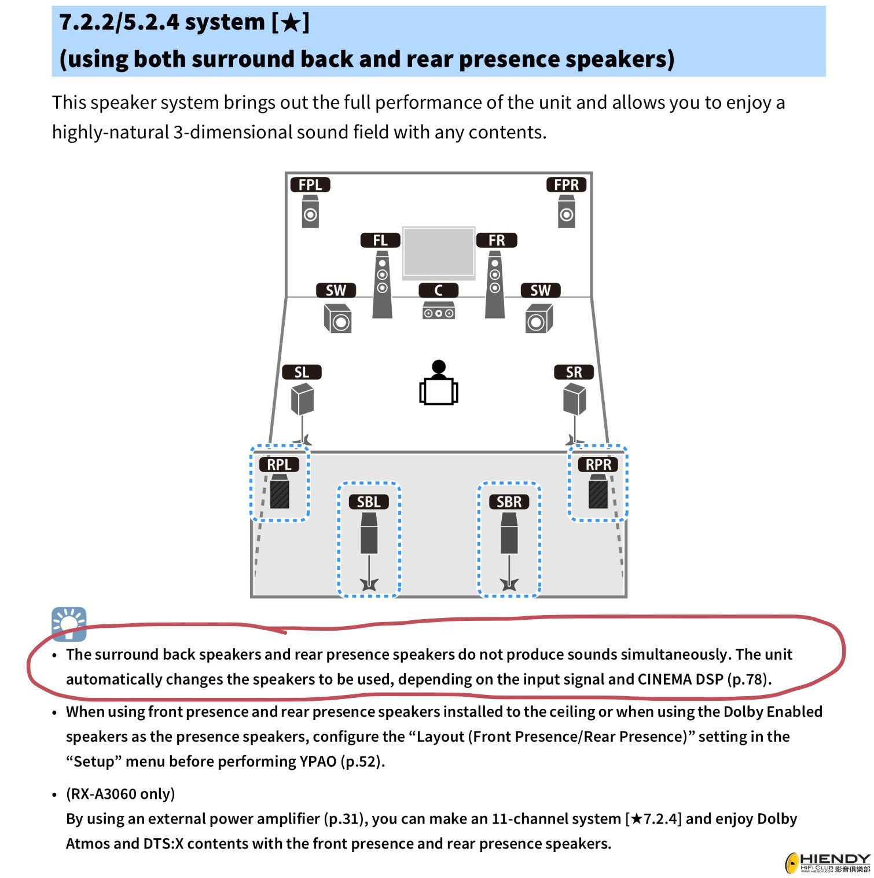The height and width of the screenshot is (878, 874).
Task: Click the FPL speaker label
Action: tap(310, 185)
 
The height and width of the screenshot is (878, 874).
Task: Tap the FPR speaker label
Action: tap(566, 185)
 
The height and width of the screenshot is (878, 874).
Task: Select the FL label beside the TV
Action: tap(380, 240)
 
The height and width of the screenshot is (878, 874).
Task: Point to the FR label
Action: tap(497, 240)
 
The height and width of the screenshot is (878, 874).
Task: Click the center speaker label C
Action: tap(438, 290)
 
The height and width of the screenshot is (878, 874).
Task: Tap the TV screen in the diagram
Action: tap(439, 251)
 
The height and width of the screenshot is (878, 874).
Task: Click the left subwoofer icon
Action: tap(337, 318)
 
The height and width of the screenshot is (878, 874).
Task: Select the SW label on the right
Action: tap(541, 290)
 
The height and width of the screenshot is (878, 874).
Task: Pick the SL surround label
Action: tap(302, 372)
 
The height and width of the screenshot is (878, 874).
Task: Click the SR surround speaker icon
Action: tap(574, 400)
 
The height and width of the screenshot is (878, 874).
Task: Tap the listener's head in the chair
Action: tap(439, 367)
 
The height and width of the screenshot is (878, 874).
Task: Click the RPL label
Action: tap(279, 464)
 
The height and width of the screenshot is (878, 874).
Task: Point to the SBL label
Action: tap(369, 502)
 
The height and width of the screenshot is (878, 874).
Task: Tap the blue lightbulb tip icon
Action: tap(69, 624)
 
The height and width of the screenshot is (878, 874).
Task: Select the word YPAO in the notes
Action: tap(318, 761)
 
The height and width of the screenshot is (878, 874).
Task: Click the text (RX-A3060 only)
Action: tap(120, 793)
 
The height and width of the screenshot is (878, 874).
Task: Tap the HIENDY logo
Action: tap(828, 863)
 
